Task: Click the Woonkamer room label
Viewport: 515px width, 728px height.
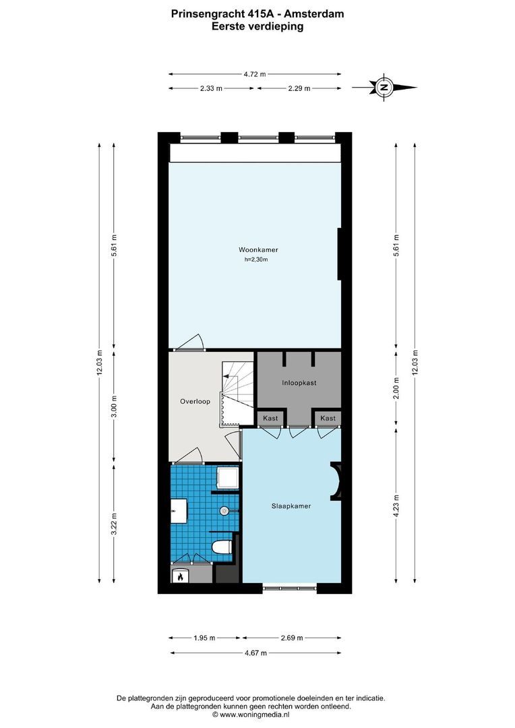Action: tap(258, 250)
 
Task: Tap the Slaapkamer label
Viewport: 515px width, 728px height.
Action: tap(291, 506)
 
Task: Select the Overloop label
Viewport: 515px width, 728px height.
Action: tap(195, 402)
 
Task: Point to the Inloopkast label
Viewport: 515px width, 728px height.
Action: tap(299, 383)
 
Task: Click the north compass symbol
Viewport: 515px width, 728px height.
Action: tap(384, 87)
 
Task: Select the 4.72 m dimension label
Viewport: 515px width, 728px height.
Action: tap(255, 74)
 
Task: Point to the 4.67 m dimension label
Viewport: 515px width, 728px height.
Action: tap(255, 653)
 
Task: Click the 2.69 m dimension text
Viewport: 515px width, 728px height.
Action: tap(292, 638)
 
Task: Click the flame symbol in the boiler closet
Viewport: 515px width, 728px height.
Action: tap(180, 577)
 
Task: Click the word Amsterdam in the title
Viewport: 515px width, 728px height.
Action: tap(317, 12)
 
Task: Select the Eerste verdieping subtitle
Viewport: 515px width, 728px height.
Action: tap(257, 26)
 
